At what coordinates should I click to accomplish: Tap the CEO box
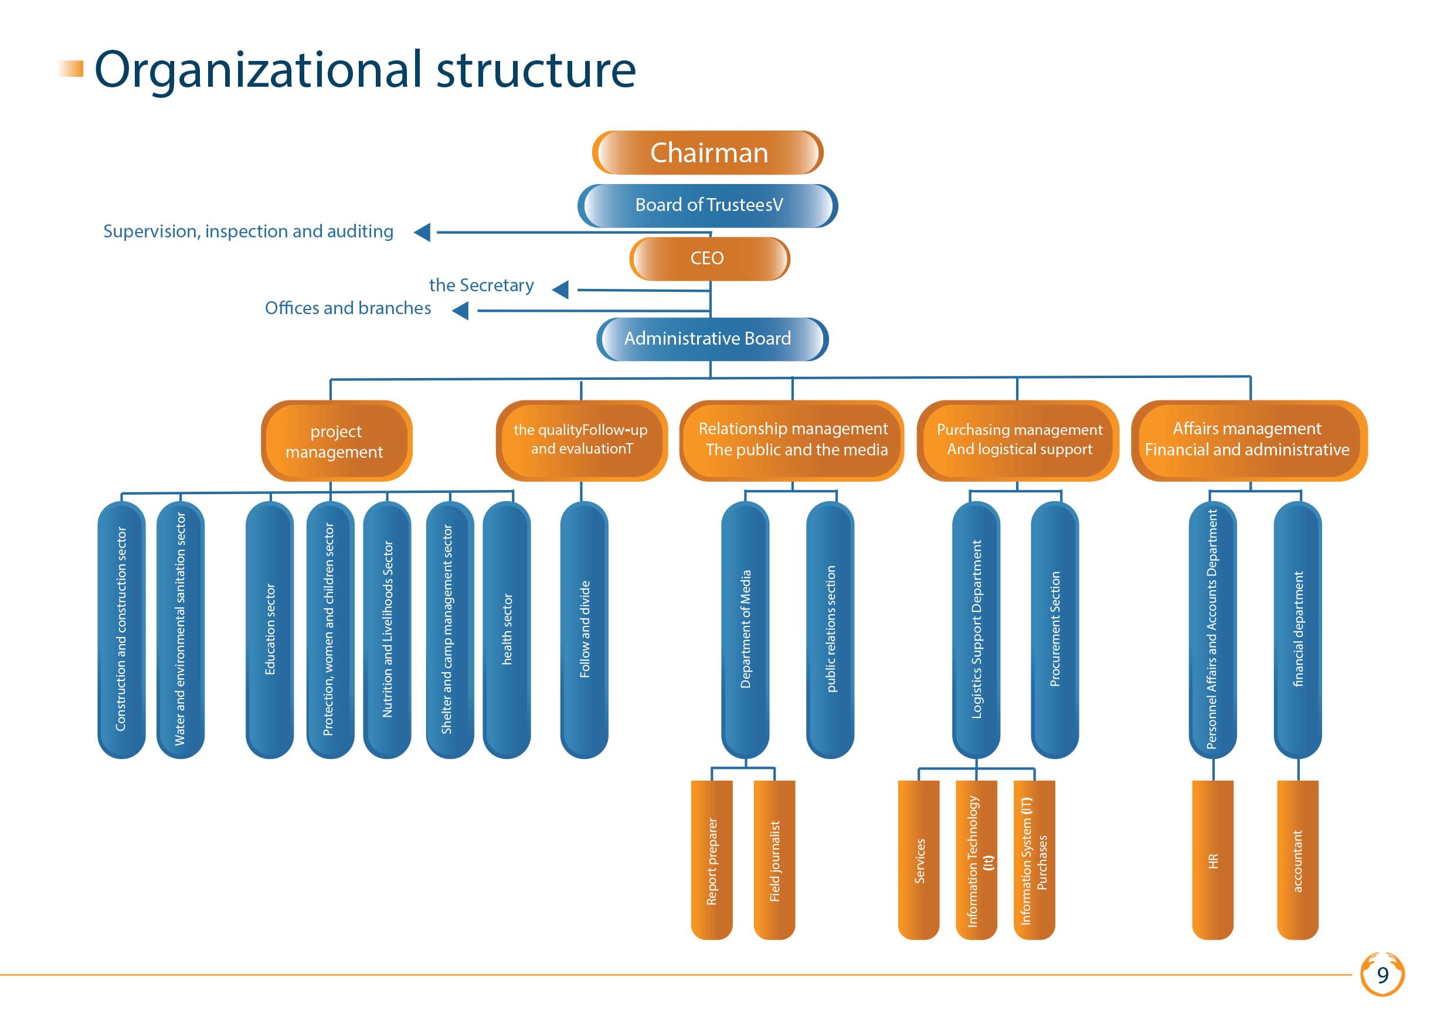(709, 258)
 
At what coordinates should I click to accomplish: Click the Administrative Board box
(712, 339)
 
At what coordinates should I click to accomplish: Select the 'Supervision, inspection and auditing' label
(248, 232)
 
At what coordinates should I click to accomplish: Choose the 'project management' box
(337, 441)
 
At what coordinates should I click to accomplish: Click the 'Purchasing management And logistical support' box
(1018, 441)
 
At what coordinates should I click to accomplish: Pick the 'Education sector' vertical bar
(270, 630)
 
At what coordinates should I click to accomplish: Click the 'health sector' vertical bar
(507, 630)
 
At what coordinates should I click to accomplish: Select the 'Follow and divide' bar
(585, 630)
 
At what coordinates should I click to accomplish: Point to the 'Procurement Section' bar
(1055, 630)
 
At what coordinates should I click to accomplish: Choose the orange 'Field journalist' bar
(774, 860)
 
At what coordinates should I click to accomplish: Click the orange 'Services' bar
(919, 860)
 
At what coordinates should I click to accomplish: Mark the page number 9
(1383, 975)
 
